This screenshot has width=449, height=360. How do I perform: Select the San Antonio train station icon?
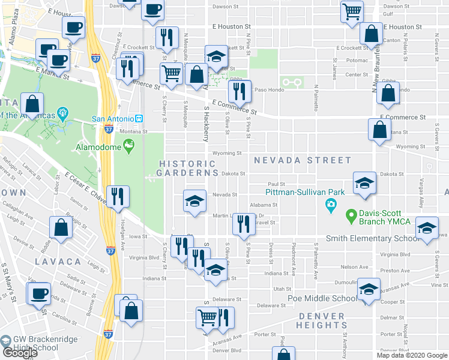(x=139, y=118)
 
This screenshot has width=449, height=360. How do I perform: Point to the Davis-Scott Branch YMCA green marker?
(x=350, y=214)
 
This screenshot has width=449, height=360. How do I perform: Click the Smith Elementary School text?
(x=372, y=239)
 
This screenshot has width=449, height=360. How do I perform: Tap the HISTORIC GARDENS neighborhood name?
(x=188, y=168)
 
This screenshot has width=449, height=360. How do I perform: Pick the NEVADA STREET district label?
(x=302, y=160)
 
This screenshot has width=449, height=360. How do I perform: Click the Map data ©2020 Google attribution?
(x=411, y=355)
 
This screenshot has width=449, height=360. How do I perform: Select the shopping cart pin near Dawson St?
(x=352, y=10)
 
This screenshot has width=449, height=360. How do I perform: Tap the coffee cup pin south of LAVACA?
(x=40, y=293)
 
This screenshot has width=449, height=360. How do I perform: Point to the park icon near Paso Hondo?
(x=292, y=82)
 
